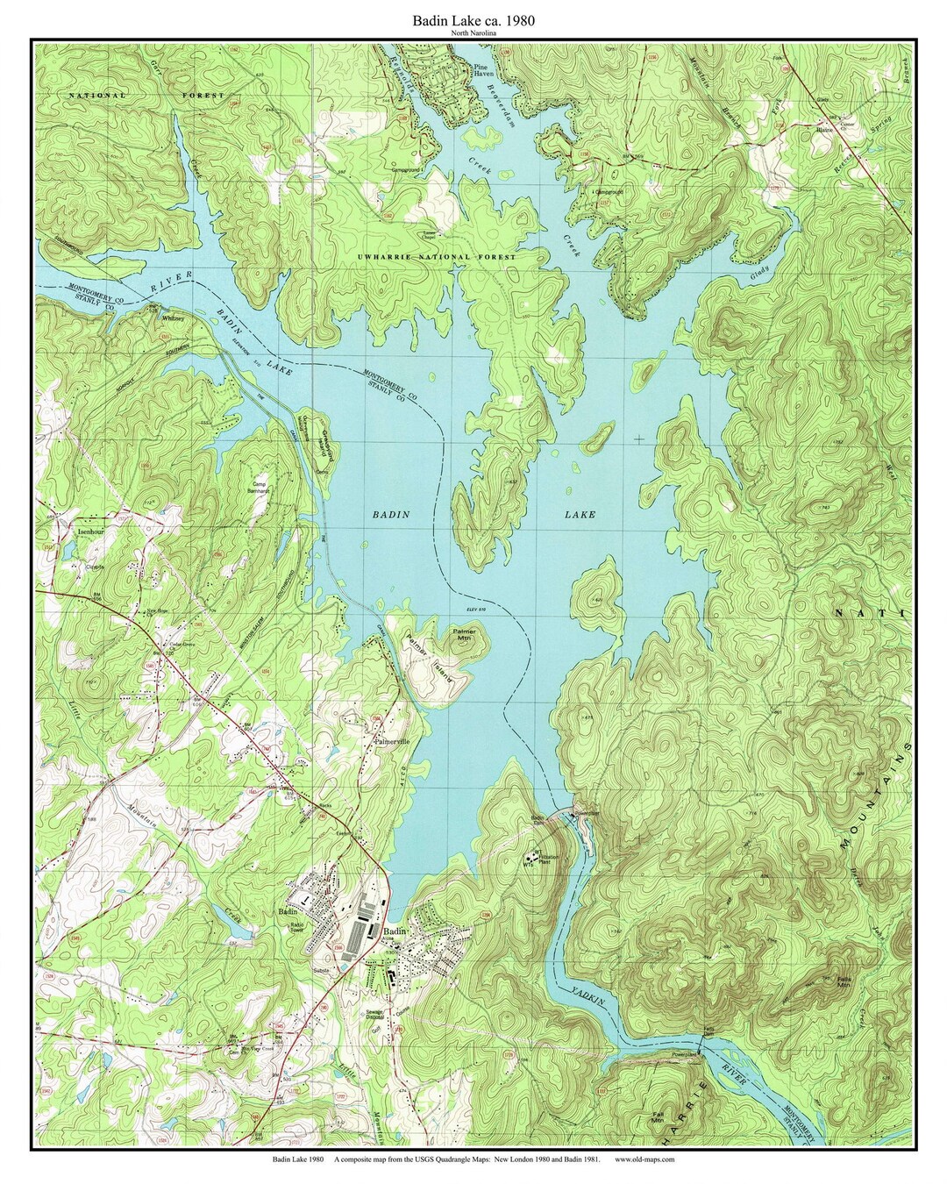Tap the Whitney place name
click(x=172, y=318)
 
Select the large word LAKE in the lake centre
click(x=580, y=515)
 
